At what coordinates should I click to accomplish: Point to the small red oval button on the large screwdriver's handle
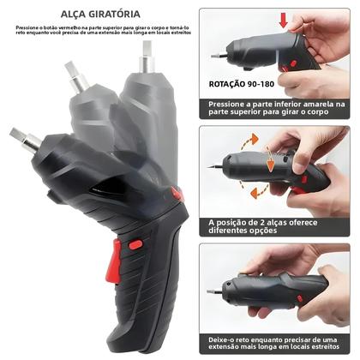click(x=135, y=244)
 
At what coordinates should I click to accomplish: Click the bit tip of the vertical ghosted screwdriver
click(x=147, y=48)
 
